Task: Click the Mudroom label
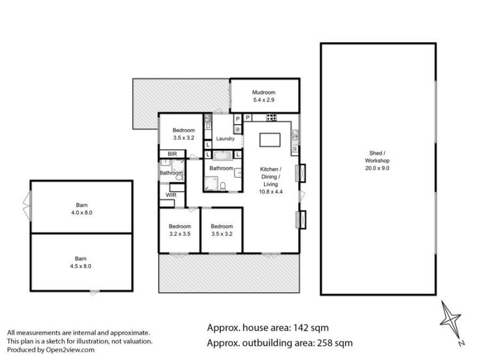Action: tap(264, 92)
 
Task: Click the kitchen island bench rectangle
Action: tap(269, 140)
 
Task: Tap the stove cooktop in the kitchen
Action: tap(271, 117)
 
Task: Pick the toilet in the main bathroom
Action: tap(223, 187)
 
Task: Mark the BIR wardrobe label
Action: tap(172, 154)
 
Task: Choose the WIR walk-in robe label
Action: tap(171, 195)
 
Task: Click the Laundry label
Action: tap(225, 139)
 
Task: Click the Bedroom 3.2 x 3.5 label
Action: tap(180, 230)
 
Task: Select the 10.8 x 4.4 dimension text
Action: tap(271, 192)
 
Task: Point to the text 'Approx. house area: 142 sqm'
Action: tap(268, 328)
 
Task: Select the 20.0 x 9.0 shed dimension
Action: tap(377, 169)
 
